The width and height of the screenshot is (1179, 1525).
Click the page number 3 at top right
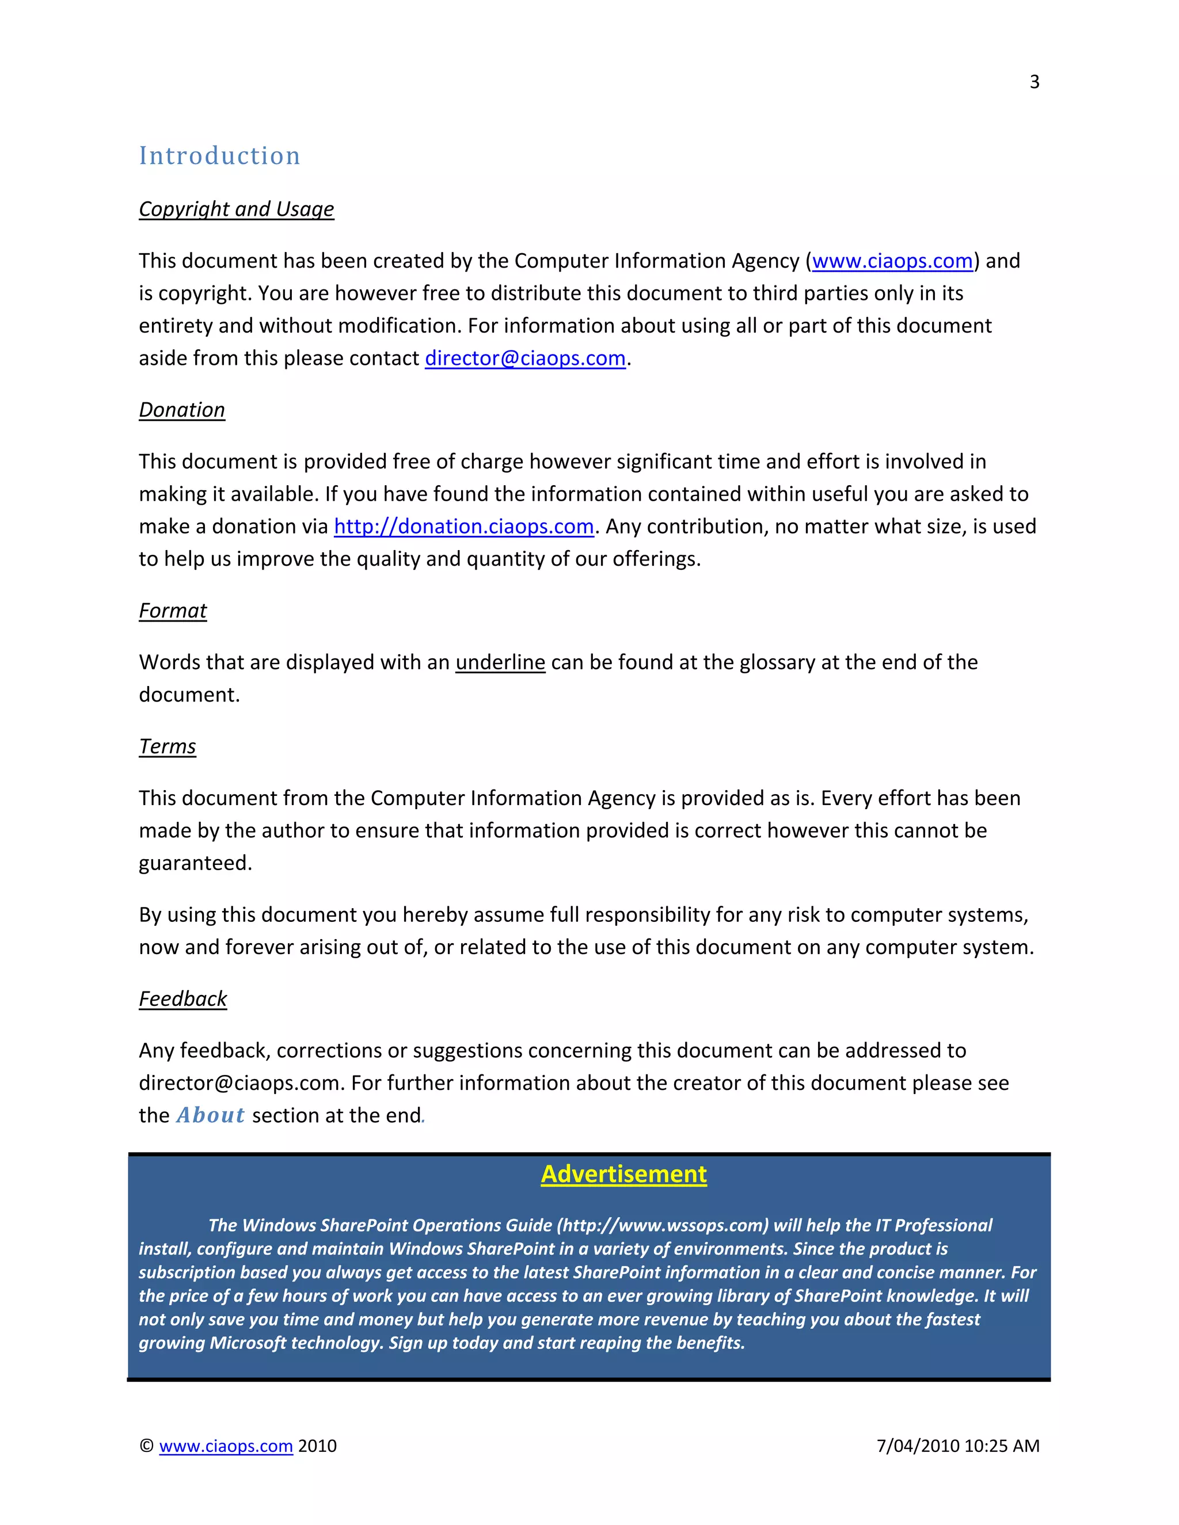(1034, 82)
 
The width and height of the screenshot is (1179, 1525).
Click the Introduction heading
(219, 156)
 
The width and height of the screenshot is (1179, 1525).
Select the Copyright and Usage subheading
(236, 209)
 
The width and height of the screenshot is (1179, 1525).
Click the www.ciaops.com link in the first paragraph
(892, 261)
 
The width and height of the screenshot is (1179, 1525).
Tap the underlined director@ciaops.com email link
(524, 358)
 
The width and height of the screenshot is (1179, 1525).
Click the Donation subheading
(181, 410)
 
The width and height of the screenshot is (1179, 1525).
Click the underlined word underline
(500, 662)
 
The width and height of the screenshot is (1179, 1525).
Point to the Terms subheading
(167, 746)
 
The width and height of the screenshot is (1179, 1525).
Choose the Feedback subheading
(182, 999)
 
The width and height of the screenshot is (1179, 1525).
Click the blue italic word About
(210, 1115)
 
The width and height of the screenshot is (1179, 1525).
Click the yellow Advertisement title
(623, 1175)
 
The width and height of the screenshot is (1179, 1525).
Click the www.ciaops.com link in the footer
(226, 1446)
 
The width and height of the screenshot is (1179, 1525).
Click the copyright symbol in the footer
(146, 1446)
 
